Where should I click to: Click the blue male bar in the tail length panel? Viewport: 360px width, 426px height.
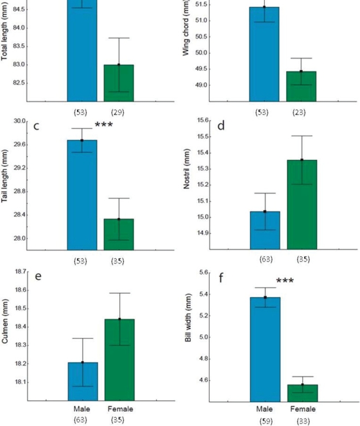82,194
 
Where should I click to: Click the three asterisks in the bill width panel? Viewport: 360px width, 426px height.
285,281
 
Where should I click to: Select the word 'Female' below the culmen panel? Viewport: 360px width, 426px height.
120,409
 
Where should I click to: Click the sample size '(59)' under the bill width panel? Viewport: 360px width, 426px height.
265,420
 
